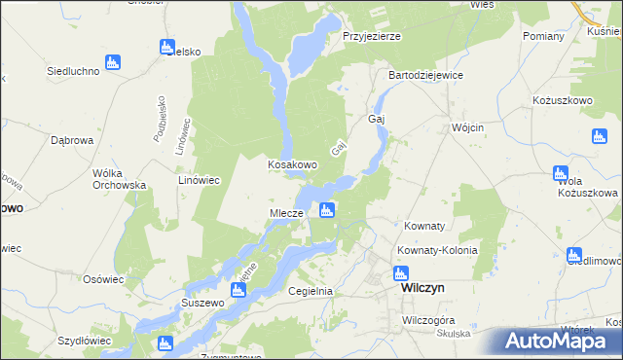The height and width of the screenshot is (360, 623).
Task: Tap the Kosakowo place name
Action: (292, 165)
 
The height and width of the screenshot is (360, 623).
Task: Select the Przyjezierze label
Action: (372, 36)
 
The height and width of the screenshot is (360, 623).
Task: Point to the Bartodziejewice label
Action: (425, 75)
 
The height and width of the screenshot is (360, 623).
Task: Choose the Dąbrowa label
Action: (71, 140)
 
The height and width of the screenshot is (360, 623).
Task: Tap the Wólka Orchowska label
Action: (119, 179)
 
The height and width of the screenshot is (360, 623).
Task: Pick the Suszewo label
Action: (203, 303)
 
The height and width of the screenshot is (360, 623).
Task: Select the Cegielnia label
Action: (311, 291)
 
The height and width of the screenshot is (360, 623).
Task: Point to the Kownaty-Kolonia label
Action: (437, 250)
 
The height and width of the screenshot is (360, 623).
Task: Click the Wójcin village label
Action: (468, 127)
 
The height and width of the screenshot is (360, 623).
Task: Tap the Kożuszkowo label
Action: (564, 100)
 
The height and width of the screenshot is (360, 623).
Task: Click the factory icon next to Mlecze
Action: (327, 209)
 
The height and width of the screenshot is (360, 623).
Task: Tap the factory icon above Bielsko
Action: (166, 47)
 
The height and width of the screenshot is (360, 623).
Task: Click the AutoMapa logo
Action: (562, 342)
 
